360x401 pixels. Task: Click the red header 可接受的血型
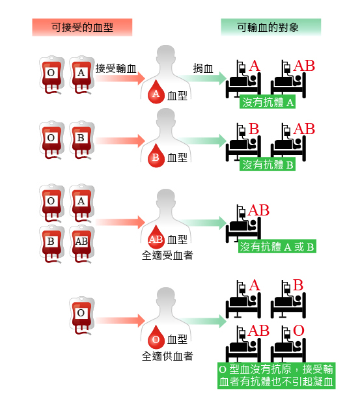(82, 27)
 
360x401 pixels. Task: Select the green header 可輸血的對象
(271, 27)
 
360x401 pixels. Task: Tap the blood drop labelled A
(156, 92)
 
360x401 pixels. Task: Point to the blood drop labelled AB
(156, 238)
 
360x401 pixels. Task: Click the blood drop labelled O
(156, 338)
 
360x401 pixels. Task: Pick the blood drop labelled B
(156, 156)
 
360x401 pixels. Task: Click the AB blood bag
(82, 244)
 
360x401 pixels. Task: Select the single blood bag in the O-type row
(82, 316)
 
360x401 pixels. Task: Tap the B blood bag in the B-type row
(82, 140)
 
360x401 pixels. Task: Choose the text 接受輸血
(116, 68)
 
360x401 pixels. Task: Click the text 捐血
(203, 68)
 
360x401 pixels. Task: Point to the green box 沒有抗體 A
(268, 102)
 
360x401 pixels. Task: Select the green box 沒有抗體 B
(268, 164)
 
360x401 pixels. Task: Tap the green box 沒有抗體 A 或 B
(277, 246)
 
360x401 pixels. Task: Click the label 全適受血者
(167, 255)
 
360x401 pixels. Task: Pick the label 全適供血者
(167, 355)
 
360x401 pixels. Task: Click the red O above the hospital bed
(299, 330)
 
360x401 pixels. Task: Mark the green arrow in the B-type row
(202, 141)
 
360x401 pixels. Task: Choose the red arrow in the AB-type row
(120, 222)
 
